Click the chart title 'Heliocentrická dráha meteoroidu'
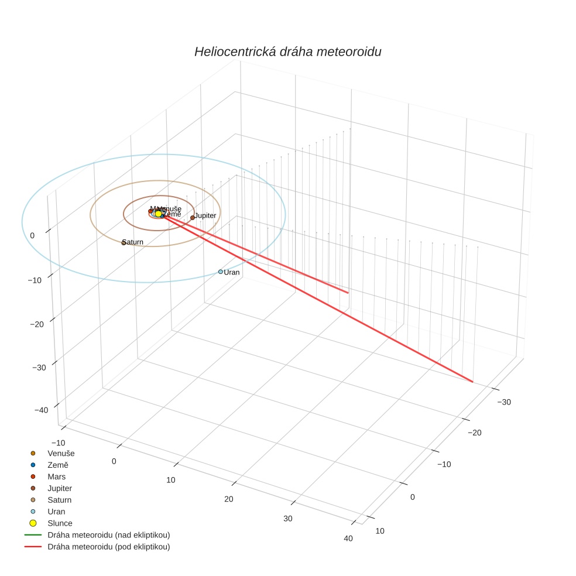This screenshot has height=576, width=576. [287, 52]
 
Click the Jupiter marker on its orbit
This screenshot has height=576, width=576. [193, 218]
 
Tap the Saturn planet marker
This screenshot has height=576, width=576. [124, 242]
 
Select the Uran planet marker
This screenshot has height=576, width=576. [221, 272]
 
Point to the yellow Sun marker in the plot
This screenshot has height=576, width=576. [158, 214]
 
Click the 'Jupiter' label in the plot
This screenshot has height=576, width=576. [205, 216]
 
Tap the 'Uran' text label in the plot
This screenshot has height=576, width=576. [232, 272]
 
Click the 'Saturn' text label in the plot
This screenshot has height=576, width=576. [133, 242]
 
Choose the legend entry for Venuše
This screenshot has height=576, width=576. [61, 453]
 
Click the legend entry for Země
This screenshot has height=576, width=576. [58, 465]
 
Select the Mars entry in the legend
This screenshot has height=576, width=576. [57, 476]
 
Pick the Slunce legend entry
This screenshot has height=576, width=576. [60, 523]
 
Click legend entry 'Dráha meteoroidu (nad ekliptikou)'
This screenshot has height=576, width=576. [108, 535]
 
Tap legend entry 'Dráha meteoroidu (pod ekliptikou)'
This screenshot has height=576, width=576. [108, 547]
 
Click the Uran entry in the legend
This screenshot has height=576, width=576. [56, 512]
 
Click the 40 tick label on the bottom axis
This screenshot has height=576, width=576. [348, 539]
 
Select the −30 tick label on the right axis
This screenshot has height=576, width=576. [504, 402]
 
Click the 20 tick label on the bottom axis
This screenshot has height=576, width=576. [229, 499]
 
